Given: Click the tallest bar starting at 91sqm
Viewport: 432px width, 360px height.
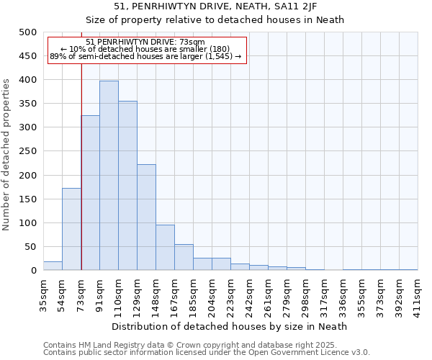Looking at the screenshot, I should (109, 176).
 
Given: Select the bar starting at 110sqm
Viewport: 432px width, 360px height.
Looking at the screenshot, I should (127, 186).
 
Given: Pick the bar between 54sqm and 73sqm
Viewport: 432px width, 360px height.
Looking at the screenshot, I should (71, 229).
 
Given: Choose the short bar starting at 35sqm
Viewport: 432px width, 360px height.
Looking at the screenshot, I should (53, 266).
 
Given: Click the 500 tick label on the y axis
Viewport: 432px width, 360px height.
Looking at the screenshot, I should (28, 32).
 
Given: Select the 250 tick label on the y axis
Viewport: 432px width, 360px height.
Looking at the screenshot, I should (28, 151).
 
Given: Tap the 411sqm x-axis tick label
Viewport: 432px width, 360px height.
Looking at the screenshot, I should (418, 294).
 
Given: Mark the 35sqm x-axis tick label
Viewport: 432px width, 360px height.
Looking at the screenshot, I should (43, 294).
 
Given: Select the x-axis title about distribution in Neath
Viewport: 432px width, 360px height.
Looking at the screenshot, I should (230, 326).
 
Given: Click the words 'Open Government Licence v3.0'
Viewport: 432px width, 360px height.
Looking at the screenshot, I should (312, 352).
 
